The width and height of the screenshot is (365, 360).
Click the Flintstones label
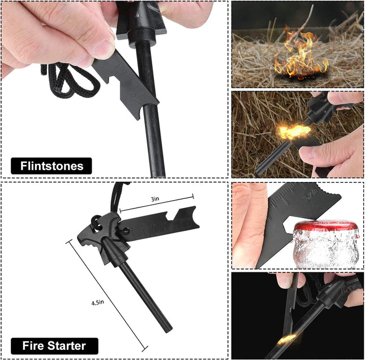tap(51, 166)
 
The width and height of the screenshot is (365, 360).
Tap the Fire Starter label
tap(54, 345)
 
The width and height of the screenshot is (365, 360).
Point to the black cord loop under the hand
tap(65, 79)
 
